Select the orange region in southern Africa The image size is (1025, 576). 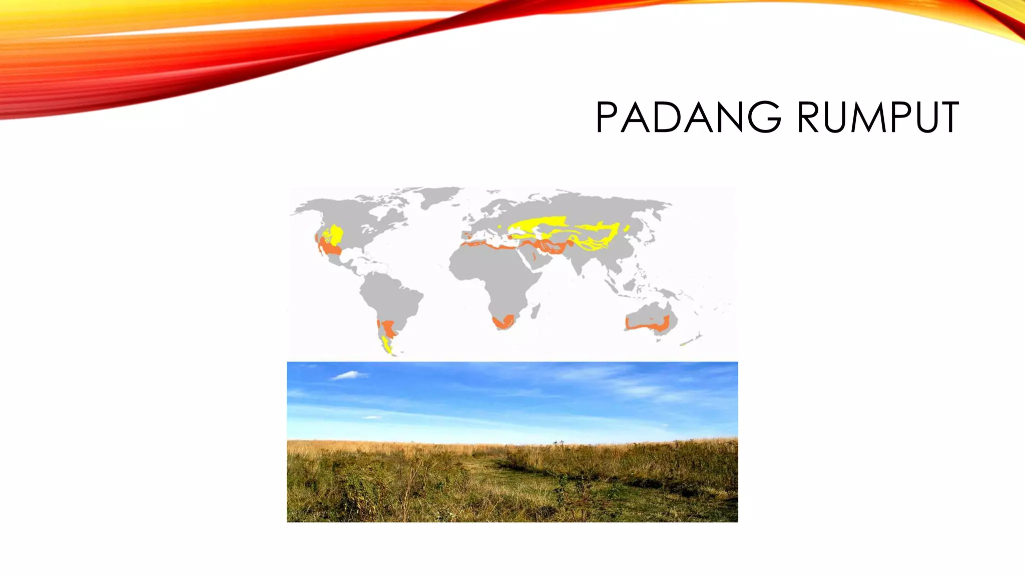pos(503,321)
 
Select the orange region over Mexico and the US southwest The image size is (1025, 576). pos(328,248)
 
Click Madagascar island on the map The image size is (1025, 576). pos(536,311)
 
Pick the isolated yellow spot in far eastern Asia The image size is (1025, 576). pos(627,228)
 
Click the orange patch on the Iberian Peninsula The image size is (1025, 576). pos(467,235)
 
